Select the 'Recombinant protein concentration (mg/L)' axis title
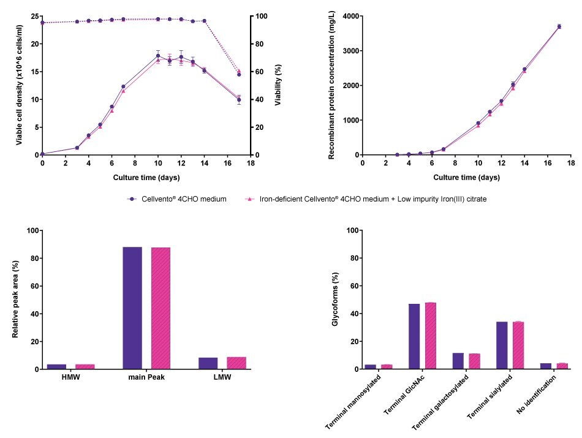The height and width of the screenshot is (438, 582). (331, 85)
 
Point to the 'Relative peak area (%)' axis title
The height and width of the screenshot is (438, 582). (16, 300)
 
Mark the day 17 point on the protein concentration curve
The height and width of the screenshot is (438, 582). (559, 26)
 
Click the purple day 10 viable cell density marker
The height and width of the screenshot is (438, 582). (158, 56)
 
